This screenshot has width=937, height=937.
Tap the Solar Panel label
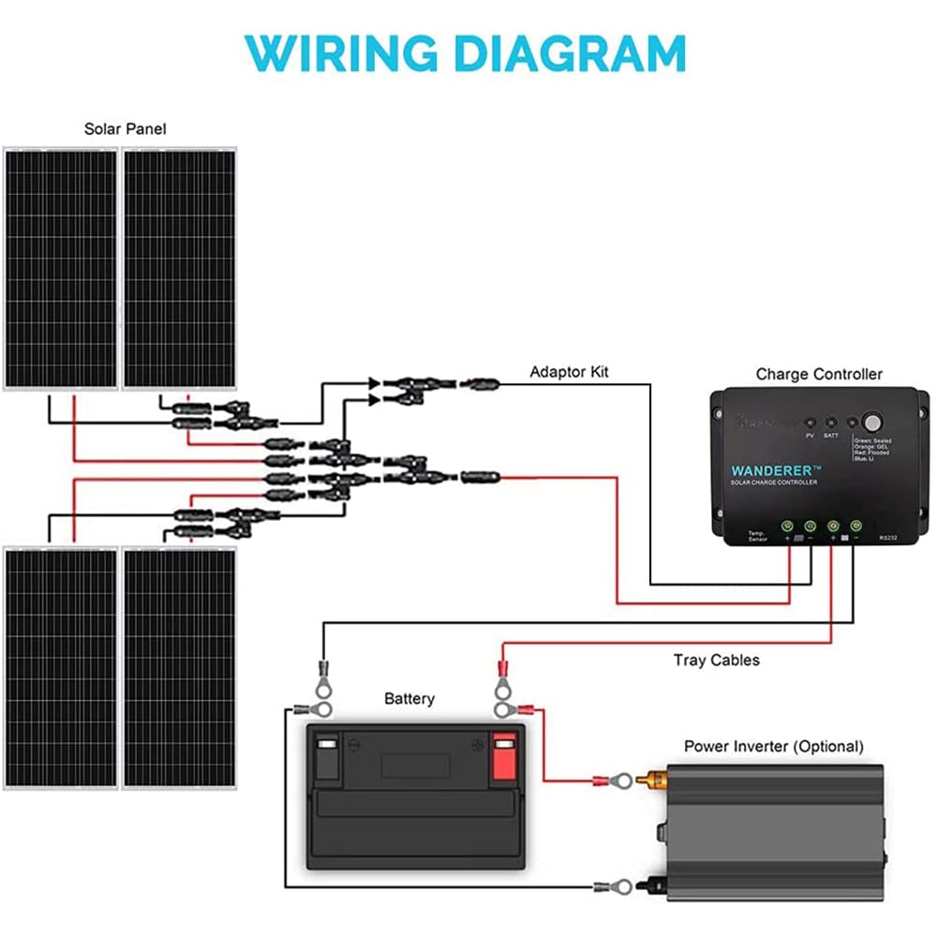(x=125, y=128)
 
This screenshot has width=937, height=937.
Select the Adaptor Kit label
(x=569, y=372)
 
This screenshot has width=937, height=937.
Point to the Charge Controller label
(x=819, y=374)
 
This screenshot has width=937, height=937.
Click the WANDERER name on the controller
(x=775, y=468)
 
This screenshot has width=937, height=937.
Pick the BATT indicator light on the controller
(x=831, y=424)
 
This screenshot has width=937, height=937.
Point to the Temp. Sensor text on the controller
(x=757, y=538)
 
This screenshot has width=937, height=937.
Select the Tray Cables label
(x=717, y=661)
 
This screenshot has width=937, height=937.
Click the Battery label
(x=409, y=699)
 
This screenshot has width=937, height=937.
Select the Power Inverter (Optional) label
(x=774, y=747)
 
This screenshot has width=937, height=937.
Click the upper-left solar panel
(x=60, y=268)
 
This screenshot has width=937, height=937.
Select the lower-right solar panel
(x=179, y=668)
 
